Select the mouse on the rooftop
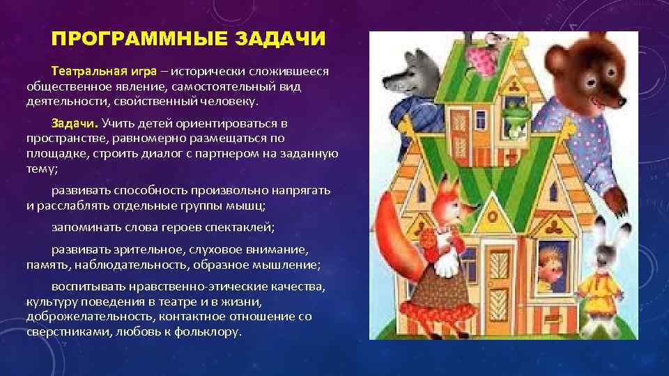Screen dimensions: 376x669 pyautogui.click(x=481, y=49)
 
